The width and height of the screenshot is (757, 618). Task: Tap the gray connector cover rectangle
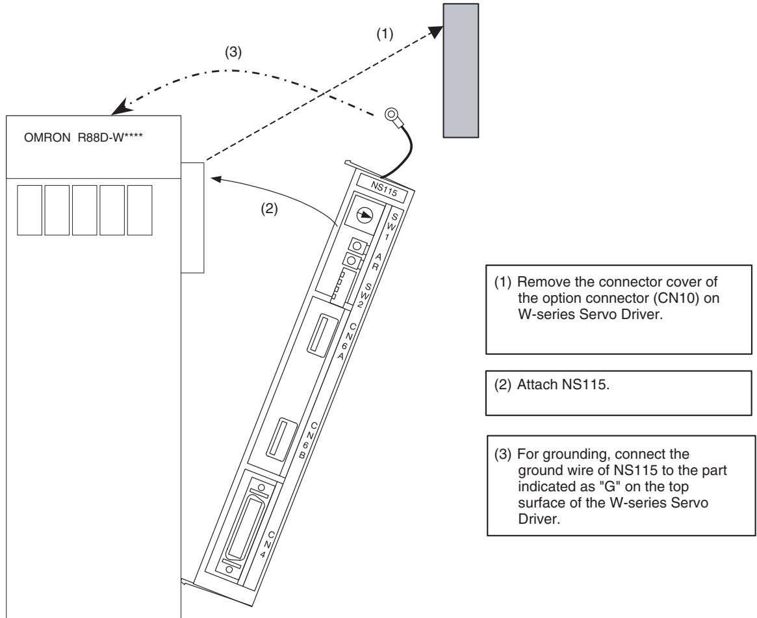[x=461, y=70]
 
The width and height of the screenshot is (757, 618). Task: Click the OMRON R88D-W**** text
[x=84, y=138]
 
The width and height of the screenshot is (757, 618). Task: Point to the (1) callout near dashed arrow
[x=385, y=34]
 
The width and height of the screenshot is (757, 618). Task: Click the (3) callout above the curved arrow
[x=233, y=52]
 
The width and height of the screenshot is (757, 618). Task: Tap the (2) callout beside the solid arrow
[x=270, y=209]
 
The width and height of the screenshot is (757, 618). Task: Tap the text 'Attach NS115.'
[x=563, y=385]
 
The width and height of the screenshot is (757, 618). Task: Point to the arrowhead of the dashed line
[x=436, y=31]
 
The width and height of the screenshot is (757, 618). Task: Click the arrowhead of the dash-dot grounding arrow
[x=120, y=108]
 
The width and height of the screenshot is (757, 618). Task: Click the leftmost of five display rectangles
[x=29, y=210]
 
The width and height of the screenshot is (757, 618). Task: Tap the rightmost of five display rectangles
[x=140, y=210]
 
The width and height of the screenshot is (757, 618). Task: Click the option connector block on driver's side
[x=192, y=218]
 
